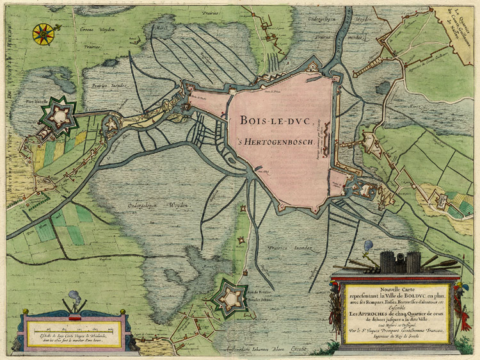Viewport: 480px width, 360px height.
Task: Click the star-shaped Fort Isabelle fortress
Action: click(x=60, y=115)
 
